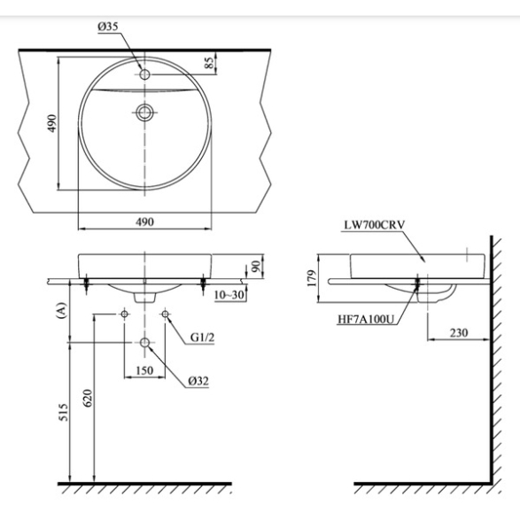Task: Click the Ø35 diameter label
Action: point(108,27)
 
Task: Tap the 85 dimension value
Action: point(210,63)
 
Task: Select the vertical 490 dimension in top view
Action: point(52,123)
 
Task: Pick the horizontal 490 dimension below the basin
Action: point(145,221)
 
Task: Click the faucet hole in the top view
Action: point(144,74)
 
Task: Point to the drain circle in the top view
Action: point(144,113)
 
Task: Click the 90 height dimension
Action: point(256,267)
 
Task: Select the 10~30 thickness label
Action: point(229,294)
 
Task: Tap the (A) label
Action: point(62,310)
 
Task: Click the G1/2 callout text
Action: point(202,338)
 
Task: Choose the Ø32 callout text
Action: point(198,382)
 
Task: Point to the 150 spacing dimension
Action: point(144,370)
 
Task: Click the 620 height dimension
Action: point(87,398)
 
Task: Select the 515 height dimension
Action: point(63,412)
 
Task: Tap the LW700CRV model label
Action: point(375,225)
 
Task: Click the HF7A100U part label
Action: point(366,320)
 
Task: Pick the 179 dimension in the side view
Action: point(312,278)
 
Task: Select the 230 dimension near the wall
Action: point(459,332)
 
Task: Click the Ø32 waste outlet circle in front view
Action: point(144,342)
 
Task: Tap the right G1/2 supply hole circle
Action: point(165,314)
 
